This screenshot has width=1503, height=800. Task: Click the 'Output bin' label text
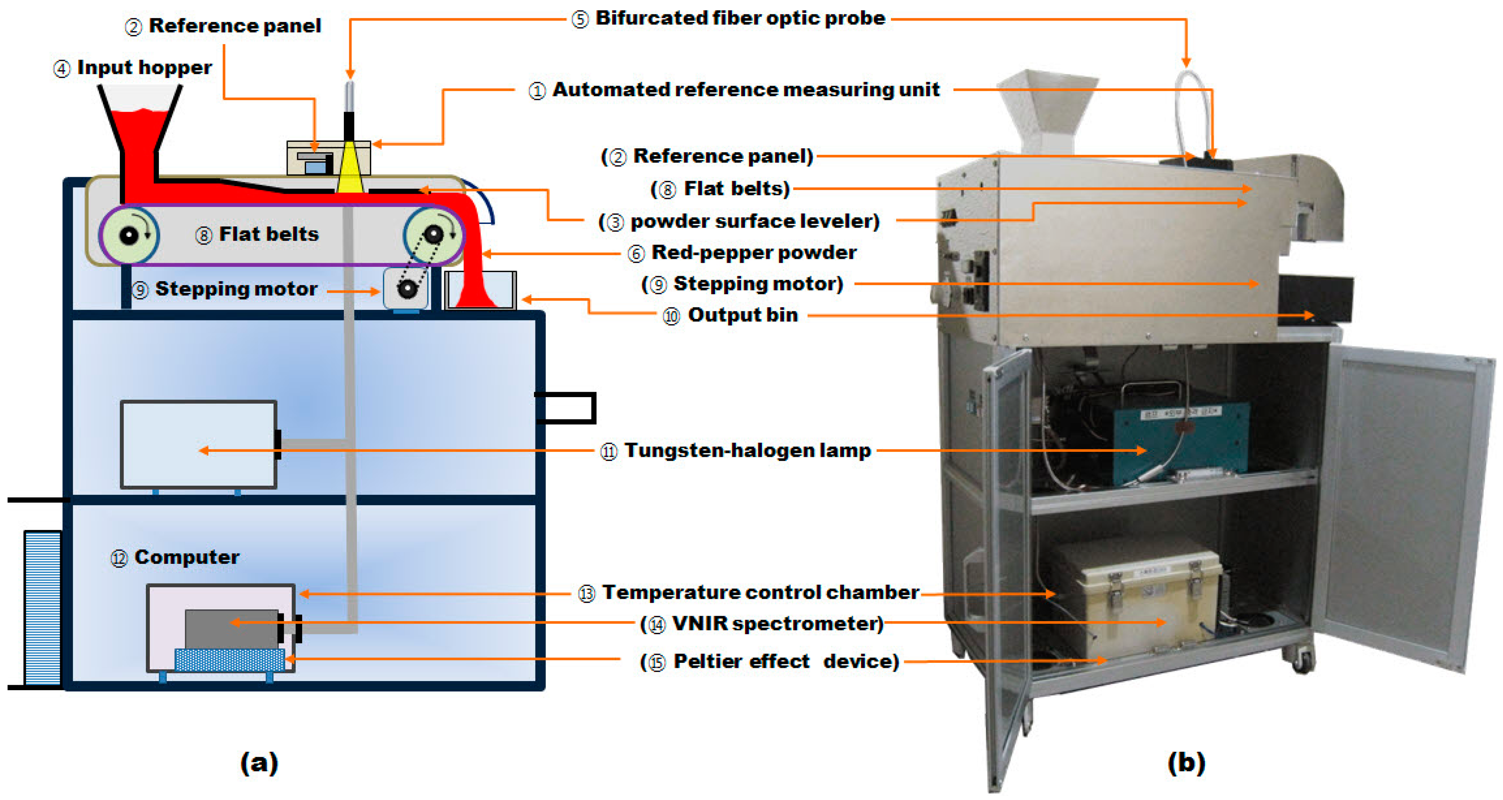[x=742, y=315]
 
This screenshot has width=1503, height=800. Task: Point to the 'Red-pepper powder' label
[x=753, y=253]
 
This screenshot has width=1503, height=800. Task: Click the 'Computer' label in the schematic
[x=186, y=557]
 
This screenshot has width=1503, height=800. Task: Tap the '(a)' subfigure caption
[x=259, y=762]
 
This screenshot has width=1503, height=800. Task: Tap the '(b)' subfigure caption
[x=1186, y=762]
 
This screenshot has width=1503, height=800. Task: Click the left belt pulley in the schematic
[x=129, y=235]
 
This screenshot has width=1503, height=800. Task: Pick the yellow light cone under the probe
[x=350, y=169]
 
